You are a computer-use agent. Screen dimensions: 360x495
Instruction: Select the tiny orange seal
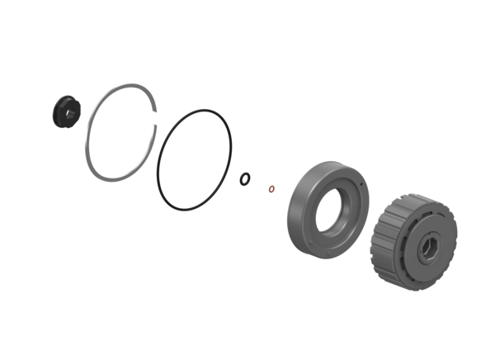[x=271, y=188]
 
